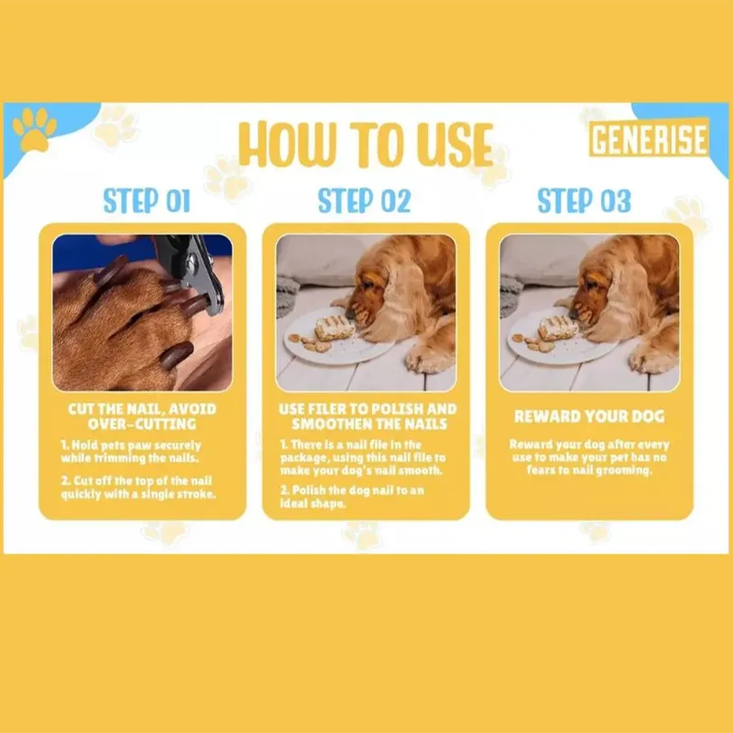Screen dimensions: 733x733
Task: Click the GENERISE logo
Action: click(x=649, y=138)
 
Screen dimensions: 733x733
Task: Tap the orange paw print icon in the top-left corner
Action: click(x=34, y=129)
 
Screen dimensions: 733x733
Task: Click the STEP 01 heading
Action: click(x=147, y=201)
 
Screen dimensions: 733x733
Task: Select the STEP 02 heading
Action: click(x=364, y=201)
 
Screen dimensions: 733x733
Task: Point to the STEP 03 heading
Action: click(x=585, y=201)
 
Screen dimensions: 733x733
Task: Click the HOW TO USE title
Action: click(x=366, y=144)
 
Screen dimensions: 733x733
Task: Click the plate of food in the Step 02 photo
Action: click(x=333, y=335)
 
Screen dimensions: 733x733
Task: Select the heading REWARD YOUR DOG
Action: click(x=589, y=416)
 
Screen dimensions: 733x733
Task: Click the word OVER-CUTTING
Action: click(x=142, y=424)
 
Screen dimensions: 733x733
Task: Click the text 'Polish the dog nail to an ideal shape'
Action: click(x=352, y=497)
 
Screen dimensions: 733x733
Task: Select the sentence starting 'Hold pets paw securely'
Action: click(x=130, y=451)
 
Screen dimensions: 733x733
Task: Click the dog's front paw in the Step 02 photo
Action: click(x=428, y=359)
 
